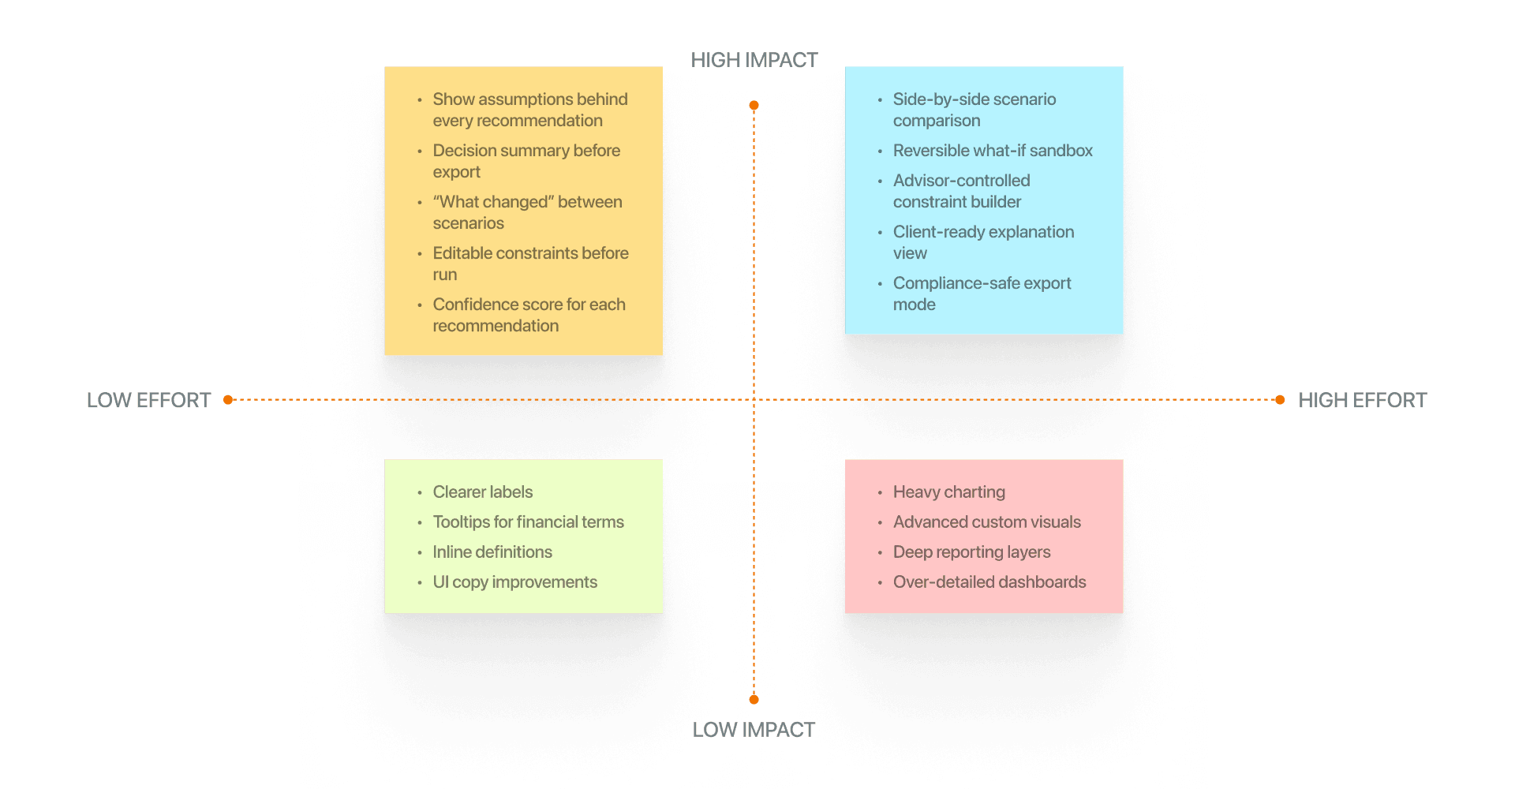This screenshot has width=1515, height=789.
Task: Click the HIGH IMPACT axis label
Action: (x=754, y=60)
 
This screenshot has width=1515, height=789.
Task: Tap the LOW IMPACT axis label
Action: (x=754, y=730)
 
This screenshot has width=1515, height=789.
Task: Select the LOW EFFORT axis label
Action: (x=148, y=400)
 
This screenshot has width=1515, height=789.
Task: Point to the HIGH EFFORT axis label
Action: (x=1363, y=400)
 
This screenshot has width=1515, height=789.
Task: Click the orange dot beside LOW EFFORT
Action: (x=228, y=400)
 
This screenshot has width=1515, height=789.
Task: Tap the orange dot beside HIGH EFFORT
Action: (x=1280, y=400)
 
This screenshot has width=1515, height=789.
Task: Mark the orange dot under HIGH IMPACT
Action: (x=754, y=106)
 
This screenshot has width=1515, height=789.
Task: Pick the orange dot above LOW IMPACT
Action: (x=754, y=699)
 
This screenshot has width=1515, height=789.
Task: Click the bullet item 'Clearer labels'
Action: (x=482, y=492)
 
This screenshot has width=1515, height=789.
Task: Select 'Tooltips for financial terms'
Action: (x=528, y=522)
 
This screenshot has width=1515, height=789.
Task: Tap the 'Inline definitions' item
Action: (x=492, y=552)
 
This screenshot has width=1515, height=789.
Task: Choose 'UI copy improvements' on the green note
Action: (x=514, y=582)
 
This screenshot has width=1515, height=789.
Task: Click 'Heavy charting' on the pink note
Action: (x=948, y=492)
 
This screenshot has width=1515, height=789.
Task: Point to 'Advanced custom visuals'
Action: (x=986, y=522)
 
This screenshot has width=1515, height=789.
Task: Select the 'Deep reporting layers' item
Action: (x=971, y=552)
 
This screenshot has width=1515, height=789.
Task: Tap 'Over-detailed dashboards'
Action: (x=989, y=582)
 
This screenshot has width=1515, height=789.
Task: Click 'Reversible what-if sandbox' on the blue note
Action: (x=993, y=151)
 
